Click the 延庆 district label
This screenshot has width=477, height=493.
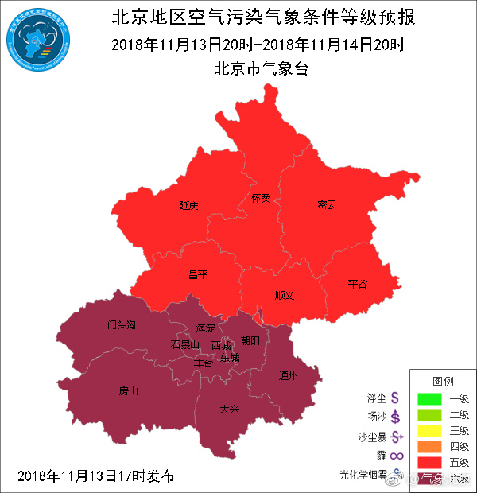click(x=188, y=205)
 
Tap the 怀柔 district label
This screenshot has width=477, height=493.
click(x=260, y=198)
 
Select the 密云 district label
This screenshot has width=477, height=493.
click(x=327, y=204)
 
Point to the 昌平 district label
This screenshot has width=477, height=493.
click(x=197, y=274)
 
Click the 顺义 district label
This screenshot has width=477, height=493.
click(x=284, y=295)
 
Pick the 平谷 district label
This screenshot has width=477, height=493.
click(x=358, y=284)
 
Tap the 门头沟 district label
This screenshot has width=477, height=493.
click(x=122, y=325)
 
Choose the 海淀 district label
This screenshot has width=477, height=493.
click(x=206, y=328)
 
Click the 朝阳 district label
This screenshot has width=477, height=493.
click(x=250, y=340)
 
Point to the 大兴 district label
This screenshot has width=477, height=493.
click(x=230, y=409)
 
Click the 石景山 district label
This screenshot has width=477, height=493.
click(x=184, y=344)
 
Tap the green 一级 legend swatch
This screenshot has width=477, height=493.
click(x=429, y=398)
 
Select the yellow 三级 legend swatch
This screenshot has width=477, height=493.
click(x=429, y=430)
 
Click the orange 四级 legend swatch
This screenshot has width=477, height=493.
click(x=429, y=446)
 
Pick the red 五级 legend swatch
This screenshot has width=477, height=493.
click(x=429, y=462)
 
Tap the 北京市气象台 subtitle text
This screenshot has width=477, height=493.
click(x=262, y=68)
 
